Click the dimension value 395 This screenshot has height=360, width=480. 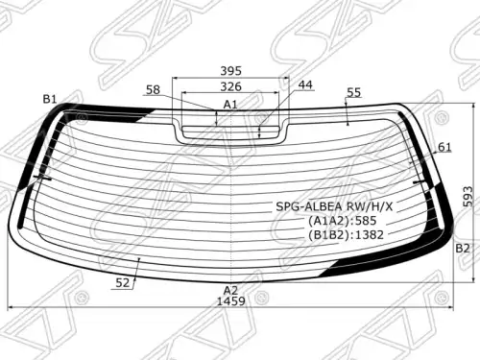point(230,71)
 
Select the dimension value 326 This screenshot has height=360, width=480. point(230,86)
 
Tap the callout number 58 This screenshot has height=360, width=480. point(153,89)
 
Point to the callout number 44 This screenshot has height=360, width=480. point(305,84)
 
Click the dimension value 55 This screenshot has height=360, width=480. point(353,92)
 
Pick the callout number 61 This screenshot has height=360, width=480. point(444,147)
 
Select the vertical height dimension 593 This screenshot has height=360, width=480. point(468,196)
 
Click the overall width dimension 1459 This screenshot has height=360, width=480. point(231,301)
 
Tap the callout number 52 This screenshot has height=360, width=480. point(122,282)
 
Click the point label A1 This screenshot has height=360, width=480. point(230,105)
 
